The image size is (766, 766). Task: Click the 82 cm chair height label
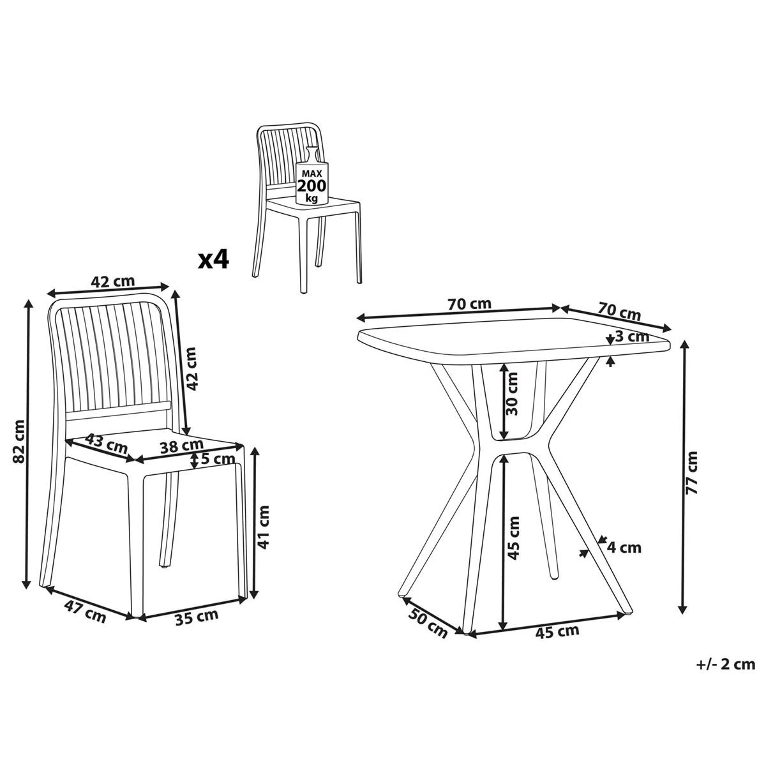pos(19,441)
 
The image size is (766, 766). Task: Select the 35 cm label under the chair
pos(196,617)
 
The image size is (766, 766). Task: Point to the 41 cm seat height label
pos(264,527)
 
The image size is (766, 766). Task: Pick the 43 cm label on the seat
pos(106,443)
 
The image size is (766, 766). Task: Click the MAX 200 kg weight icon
pos(312,182)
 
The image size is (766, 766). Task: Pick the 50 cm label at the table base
pos(428,623)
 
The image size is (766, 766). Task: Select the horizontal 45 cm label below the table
pos(557,632)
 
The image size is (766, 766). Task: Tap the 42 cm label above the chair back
pos(114,282)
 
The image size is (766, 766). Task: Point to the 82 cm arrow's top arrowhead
pos(27,303)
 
